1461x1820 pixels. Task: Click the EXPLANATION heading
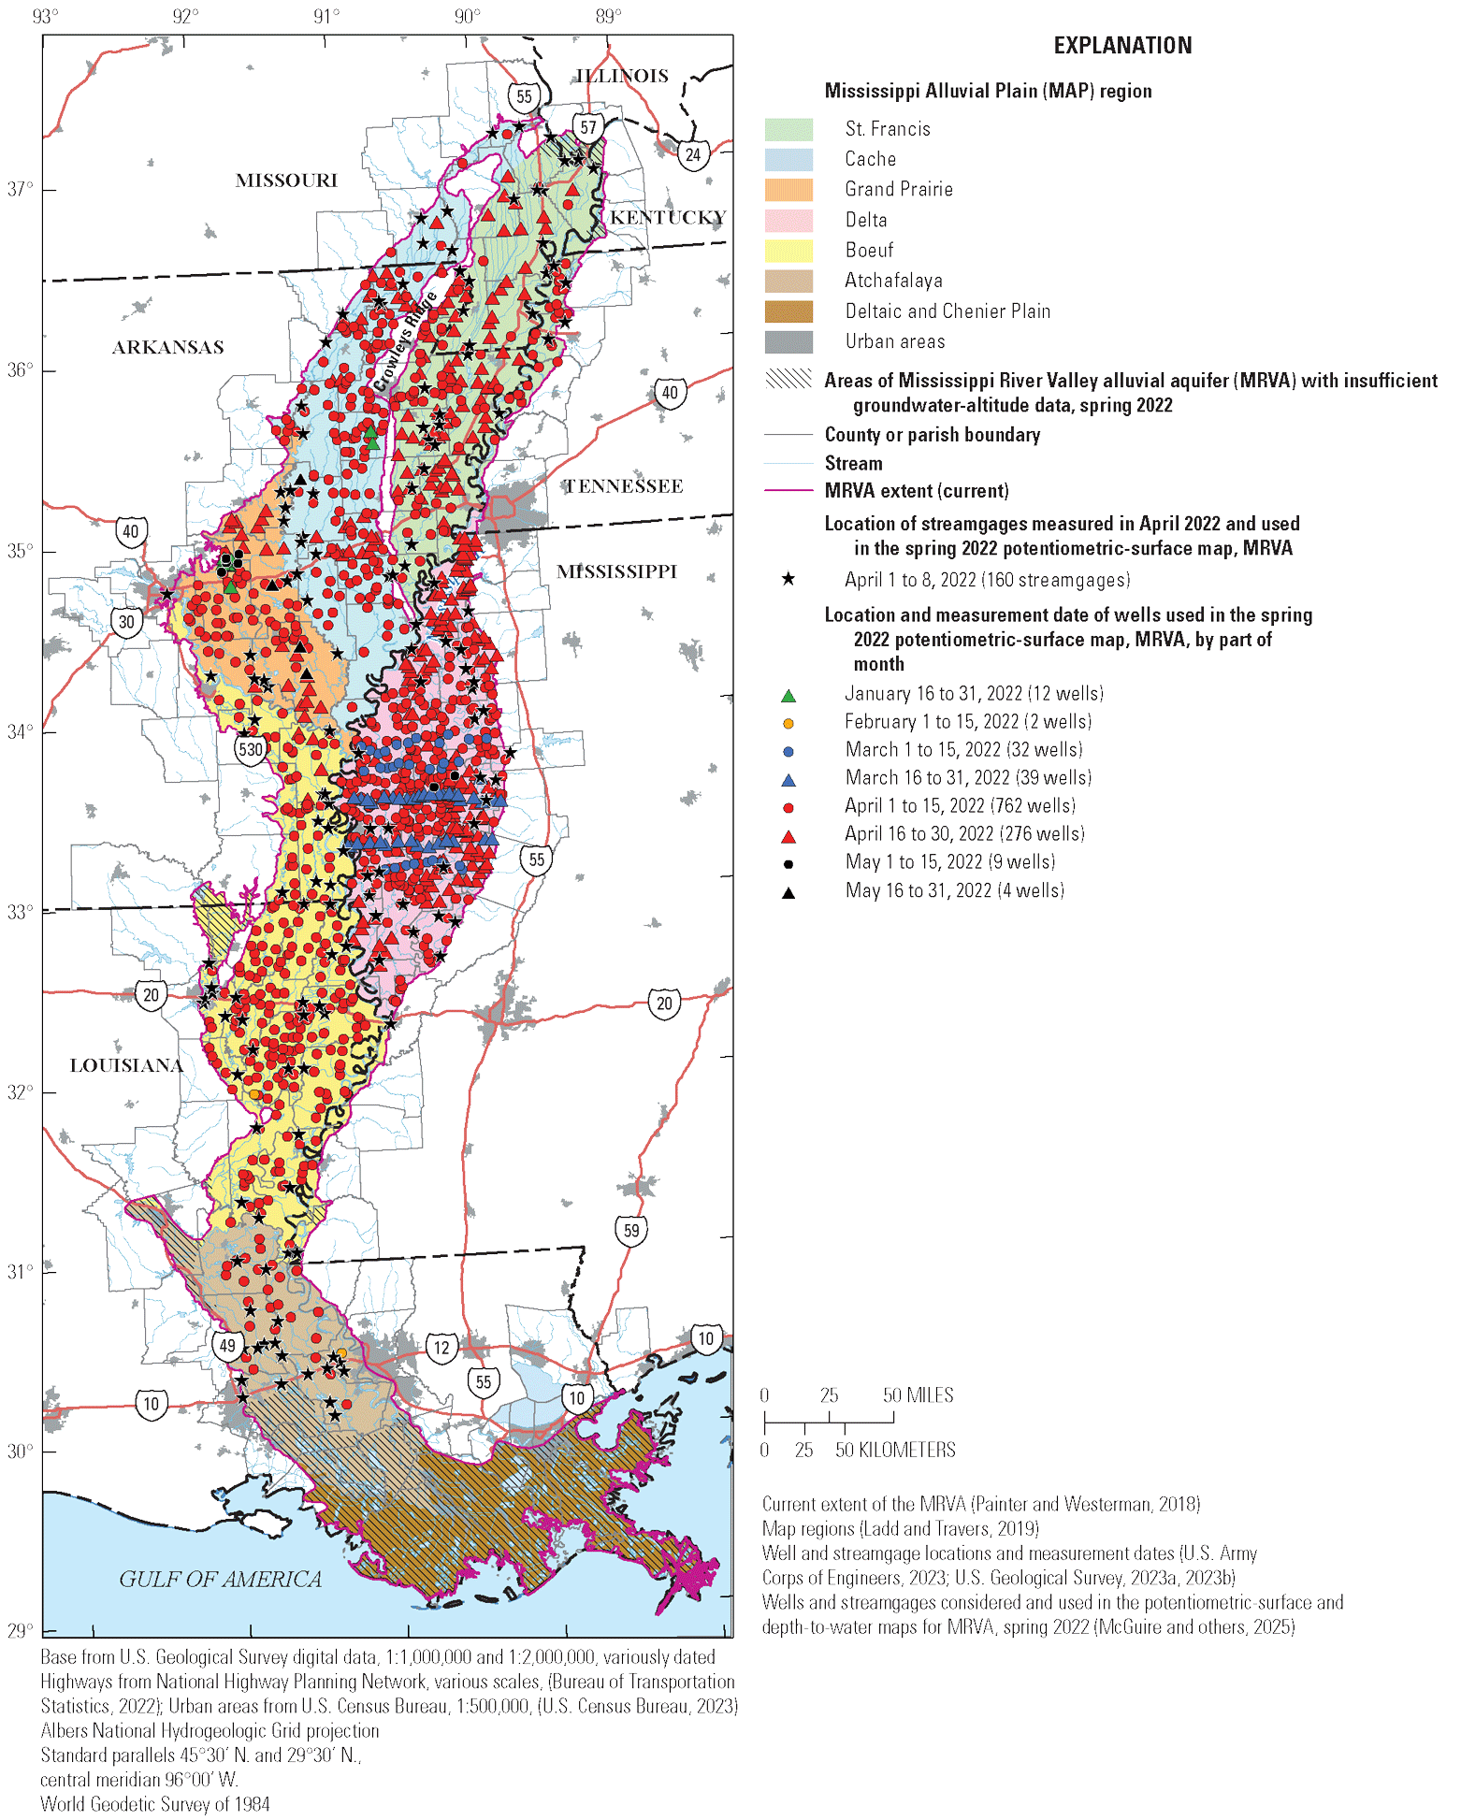pyautogui.click(x=1122, y=45)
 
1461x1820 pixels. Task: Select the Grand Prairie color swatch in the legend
pyautogui.click(x=788, y=190)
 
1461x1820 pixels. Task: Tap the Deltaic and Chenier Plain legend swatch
pyautogui.click(x=788, y=311)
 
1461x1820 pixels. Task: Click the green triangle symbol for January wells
pyautogui.click(x=788, y=695)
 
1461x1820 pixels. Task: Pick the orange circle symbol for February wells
pyautogui.click(x=788, y=723)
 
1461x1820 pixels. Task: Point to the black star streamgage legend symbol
pyautogui.click(x=788, y=580)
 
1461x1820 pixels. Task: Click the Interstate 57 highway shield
pyautogui.click(x=587, y=127)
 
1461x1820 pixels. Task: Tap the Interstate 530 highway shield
pyautogui.click(x=250, y=749)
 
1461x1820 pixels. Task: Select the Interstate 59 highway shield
pyautogui.click(x=631, y=1230)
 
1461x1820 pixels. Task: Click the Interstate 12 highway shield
pyautogui.click(x=441, y=1348)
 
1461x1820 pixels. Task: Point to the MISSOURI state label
pyautogui.click(x=286, y=181)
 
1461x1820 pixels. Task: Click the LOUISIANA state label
pyautogui.click(x=126, y=1065)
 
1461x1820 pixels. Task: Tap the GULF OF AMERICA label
pyautogui.click(x=220, y=1579)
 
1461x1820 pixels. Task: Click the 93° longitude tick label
pyautogui.click(x=44, y=16)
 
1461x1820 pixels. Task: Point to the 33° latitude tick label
pyautogui.click(x=20, y=912)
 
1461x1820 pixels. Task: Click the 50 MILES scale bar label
pyautogui.click(x=918, y=1395)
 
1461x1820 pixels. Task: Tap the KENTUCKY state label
pyautogui.click(x=667, y=217)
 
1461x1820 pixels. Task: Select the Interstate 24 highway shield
pyautogui.click(x=692, y=154)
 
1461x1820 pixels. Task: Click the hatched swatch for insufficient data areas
pyautogui.click(x=788, y=379)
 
